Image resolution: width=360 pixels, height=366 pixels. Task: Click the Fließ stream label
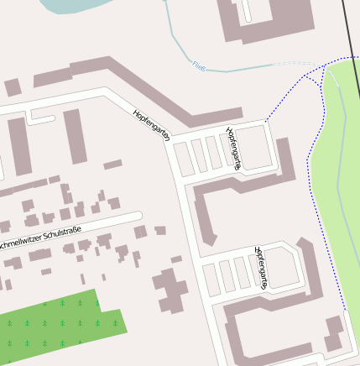pos(198,65)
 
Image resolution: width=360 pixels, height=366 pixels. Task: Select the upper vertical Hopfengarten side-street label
pos(233,148)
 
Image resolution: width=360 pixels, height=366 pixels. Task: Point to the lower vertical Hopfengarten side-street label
pos(260,269)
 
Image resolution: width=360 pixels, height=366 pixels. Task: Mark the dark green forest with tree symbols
pos(59,327)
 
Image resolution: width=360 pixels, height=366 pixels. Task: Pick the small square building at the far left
pos(13,87)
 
